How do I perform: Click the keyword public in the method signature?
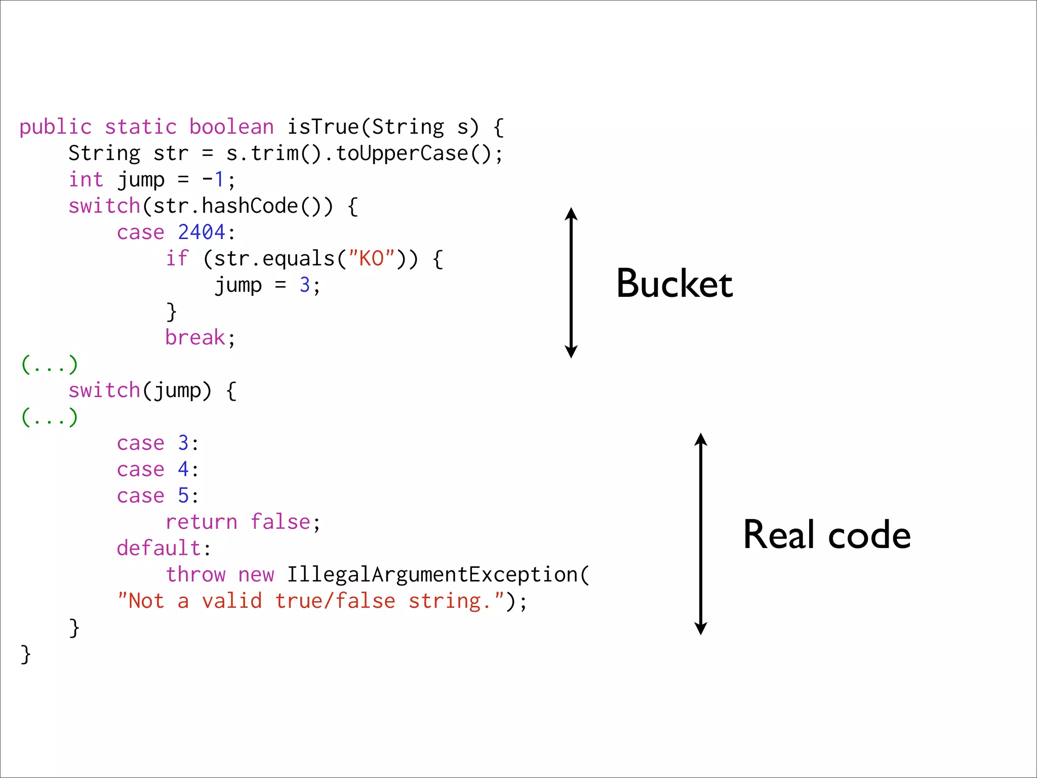tap(56, 127)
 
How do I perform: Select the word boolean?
tap(231, 127)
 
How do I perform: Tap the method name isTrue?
tap(323, 127)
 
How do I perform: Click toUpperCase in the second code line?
tap(402, 153)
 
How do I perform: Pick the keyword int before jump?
tap(86, 180)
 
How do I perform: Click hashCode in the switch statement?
tap(250, 206)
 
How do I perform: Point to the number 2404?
tap(202, 232)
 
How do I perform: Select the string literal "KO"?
tap(371, 259)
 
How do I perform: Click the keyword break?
tap(195, 338)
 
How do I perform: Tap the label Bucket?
tap(674, 284)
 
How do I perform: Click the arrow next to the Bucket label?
tap(571, 283)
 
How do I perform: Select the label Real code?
tap(826, 535)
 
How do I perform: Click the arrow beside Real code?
tap(701, 534)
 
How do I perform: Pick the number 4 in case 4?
tap(183, 470)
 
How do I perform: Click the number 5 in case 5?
tap(183, 496)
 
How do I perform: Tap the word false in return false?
tap(281, 522)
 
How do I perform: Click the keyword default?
tap(159, 549)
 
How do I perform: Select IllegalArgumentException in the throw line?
tap(432, 575)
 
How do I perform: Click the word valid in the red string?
tap(232, 601)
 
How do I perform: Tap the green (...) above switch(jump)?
tap(50, 364)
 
